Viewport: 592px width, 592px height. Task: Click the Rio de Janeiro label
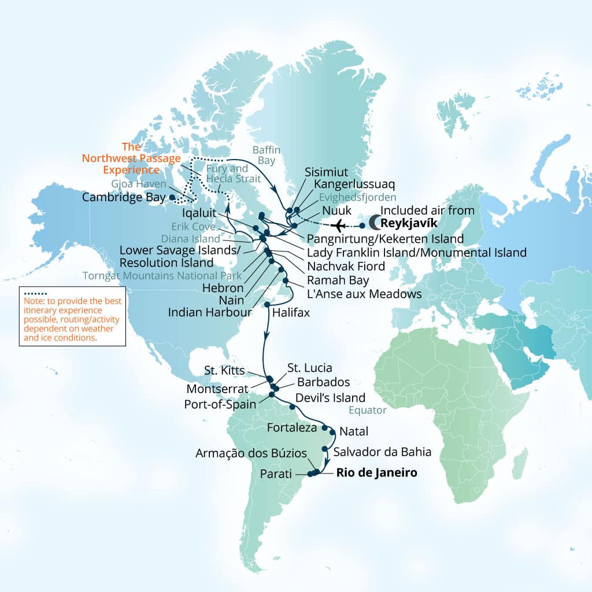point(376,473)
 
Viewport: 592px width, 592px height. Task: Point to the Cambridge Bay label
point(124,197)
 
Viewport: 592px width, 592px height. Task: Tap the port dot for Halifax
point(267,304)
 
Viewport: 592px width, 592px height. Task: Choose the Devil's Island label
point(330,398)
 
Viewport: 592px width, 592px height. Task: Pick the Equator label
point(368,411)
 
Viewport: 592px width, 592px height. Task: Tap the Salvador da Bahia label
point(382,451)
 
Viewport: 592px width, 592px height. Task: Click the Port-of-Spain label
point(220,404)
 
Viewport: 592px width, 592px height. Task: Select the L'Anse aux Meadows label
point(364,294)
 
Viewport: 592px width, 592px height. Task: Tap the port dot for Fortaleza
point(325,428)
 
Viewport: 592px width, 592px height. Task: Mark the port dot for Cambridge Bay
point(172,197)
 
